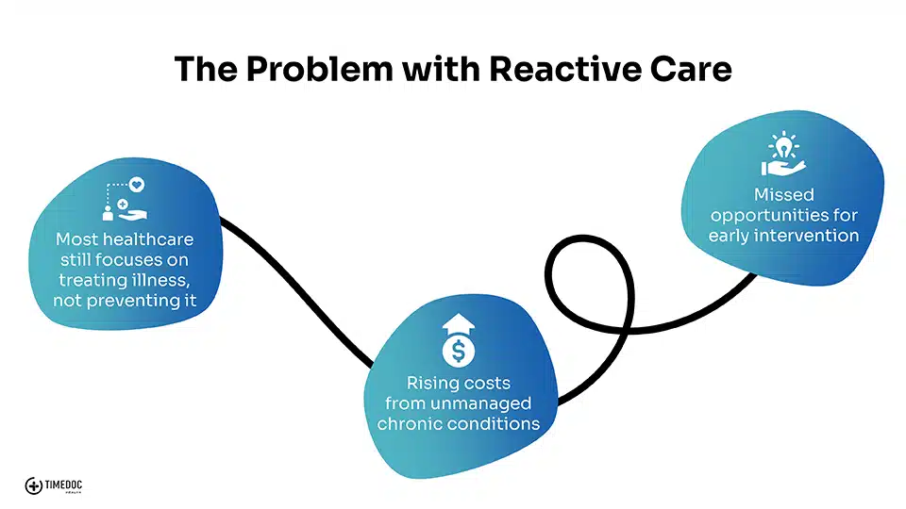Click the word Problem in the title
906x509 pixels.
[320, 69]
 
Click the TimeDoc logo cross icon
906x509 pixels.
[34, 486]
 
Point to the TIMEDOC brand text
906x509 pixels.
[63, 485]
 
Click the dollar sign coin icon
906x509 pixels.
[459, 351]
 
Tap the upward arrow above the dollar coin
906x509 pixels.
[459, 323]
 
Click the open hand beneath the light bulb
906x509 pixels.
[783, 168]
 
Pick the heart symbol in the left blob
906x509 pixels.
[136, 185]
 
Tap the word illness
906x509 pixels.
[164, 280]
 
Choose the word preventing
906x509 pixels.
[133, 301]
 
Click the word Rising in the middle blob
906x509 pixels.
[429, 384]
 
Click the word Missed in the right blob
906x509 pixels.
[784, 194]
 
